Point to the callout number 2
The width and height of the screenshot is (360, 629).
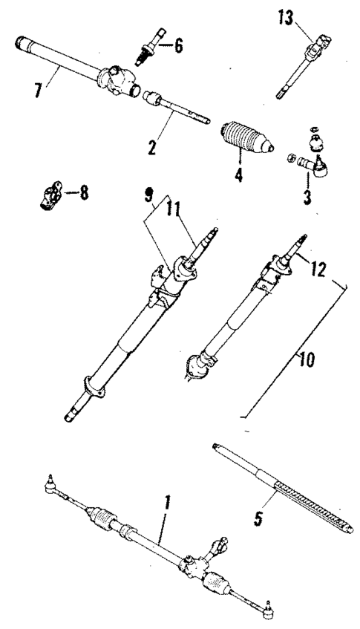(x=152, y=147)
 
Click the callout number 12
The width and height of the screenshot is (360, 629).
(x=318, y=272)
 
